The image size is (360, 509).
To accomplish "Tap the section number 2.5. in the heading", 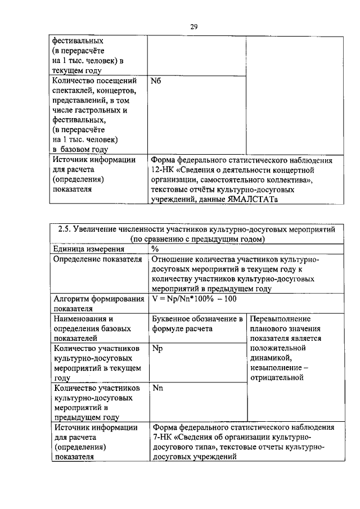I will click(x=67, y=229).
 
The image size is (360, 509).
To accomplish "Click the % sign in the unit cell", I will click(x=155, y=249).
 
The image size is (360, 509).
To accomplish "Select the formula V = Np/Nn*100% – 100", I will click(x=193, y=299).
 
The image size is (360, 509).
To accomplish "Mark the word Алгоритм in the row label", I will click(x=72, y=299).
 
